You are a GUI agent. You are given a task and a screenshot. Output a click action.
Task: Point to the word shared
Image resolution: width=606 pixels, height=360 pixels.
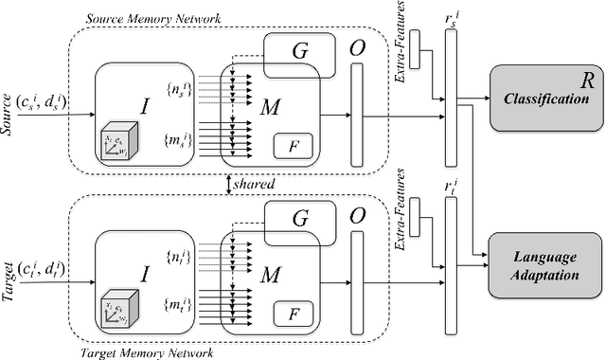tap(256, 185)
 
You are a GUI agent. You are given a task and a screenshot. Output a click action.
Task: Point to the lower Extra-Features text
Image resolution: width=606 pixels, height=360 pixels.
tap(403, 202)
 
